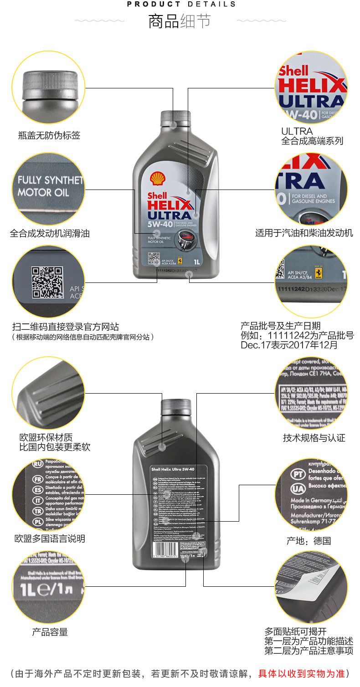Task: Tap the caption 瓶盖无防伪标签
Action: pos(49,135)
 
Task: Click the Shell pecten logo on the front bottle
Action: pos(158,178)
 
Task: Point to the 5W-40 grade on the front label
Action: pos(159,226)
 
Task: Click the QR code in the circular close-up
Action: pos(47,282)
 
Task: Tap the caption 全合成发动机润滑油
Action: pos(50,234)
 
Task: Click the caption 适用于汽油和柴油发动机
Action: pos(304,234)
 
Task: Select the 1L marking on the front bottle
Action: pos(197,262)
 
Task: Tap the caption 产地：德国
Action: pos(309,541)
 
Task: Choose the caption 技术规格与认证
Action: pos(314,438)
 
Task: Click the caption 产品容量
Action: pos(50,632)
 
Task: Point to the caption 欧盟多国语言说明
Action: pos(50,539)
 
